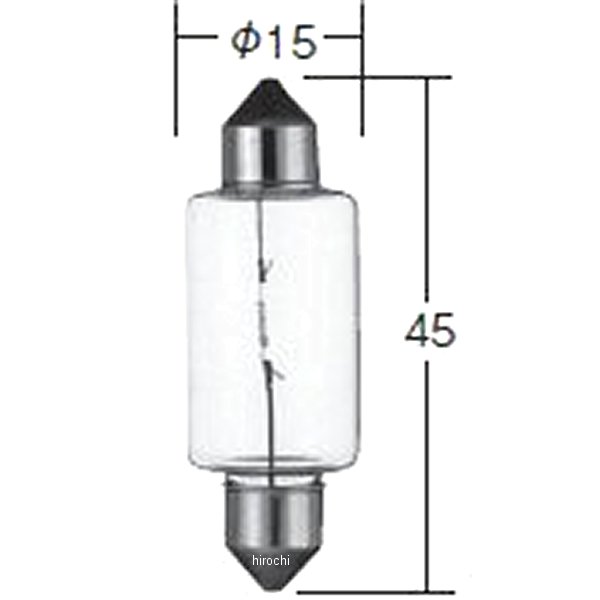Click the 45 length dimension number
[430, 329]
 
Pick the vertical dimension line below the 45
[430, 470]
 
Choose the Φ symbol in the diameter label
[245, 41]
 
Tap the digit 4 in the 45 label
[417, 329]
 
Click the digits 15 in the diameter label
[290, 41]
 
